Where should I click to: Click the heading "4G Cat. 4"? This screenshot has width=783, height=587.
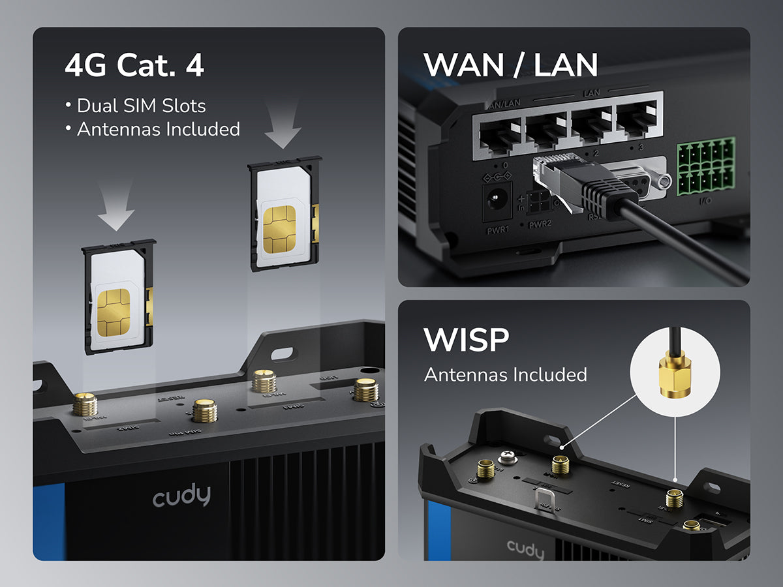(x=134, y=66)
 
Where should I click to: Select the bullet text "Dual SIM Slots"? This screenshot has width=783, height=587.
(x=141, y=106)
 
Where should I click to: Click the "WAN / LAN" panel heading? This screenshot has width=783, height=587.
(x=510, y=65)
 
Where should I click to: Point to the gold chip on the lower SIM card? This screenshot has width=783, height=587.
(x=114, y=310)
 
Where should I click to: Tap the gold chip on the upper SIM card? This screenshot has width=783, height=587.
(x=279, y=229)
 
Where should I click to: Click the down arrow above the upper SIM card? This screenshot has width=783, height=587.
(x=283, y=124)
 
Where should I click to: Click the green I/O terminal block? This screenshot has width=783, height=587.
(x=706, y=169)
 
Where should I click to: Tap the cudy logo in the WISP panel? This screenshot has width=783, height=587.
(x=525, y=549)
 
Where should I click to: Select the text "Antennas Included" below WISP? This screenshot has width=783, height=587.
(x=506, y=375)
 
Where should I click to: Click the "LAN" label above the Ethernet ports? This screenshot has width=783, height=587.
(x=591, y=93)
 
